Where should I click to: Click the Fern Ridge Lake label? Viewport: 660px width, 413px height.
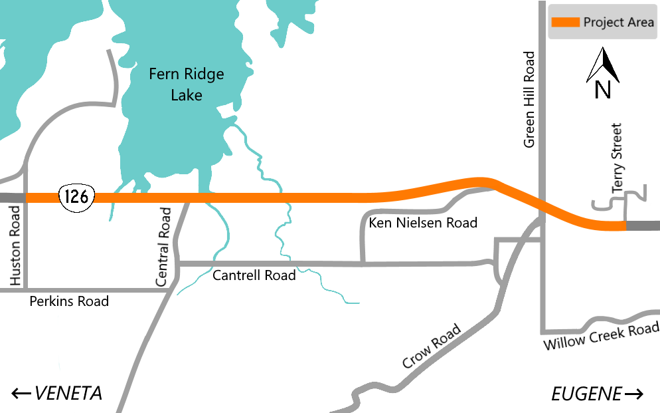[186, 84]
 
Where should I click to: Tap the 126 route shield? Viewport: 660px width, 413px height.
[77, 196]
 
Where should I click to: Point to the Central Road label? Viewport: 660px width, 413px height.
[163, 247]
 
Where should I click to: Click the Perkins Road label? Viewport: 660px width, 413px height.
[69, 301]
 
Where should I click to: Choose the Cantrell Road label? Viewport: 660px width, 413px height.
[254, 275]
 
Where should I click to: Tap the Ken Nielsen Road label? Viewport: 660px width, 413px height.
[423, 223]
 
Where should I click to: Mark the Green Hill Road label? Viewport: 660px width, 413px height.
[530, 99]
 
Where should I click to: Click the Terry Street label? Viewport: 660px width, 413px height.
[618, 158]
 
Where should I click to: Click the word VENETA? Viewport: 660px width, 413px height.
[68, 394]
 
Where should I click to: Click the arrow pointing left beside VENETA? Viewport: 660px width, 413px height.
[21, 394]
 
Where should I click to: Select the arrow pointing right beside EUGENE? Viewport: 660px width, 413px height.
[634, 394]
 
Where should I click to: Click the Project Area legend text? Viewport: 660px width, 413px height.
[618, 23]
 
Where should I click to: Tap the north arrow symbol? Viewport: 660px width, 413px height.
[602, 65]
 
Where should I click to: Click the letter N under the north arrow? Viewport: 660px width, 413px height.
[602, 89]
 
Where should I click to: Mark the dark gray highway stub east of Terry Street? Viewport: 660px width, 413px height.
[643, 226]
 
